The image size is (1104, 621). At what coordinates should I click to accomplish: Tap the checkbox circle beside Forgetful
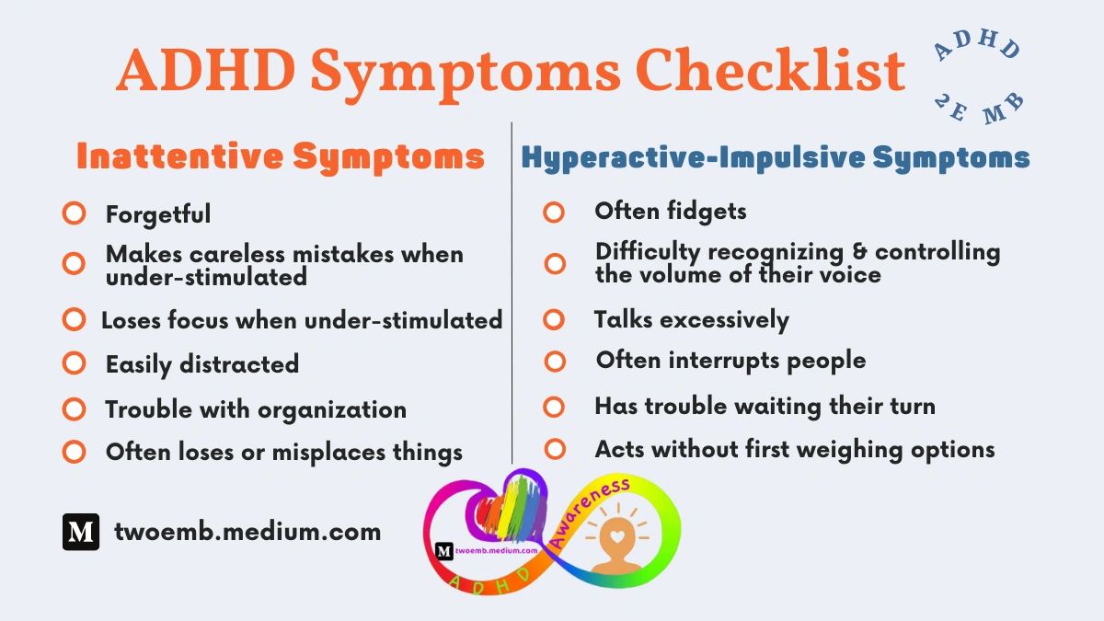[x=74, y=213]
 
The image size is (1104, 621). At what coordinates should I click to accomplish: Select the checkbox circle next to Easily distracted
[x=74, y=363]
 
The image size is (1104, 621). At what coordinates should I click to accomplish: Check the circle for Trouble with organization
[x=74, y=408]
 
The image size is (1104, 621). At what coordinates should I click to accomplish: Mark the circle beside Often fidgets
[x=554, y=213]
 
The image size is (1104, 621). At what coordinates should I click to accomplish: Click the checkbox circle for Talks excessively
[x=554, y=319]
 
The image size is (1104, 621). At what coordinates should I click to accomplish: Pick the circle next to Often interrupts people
[x=554, y=361]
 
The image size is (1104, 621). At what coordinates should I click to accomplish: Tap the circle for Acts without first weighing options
[x=554, y=449]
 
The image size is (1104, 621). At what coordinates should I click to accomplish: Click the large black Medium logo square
[x=81, y=532]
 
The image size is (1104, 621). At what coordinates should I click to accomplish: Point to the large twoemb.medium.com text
[x=247, y=531]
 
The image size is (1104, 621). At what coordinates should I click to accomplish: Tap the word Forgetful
[x=158, y=214]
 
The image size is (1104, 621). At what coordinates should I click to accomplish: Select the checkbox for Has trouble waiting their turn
[x=554, y=406]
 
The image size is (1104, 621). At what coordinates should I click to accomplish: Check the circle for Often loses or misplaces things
[x=74, y=452]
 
